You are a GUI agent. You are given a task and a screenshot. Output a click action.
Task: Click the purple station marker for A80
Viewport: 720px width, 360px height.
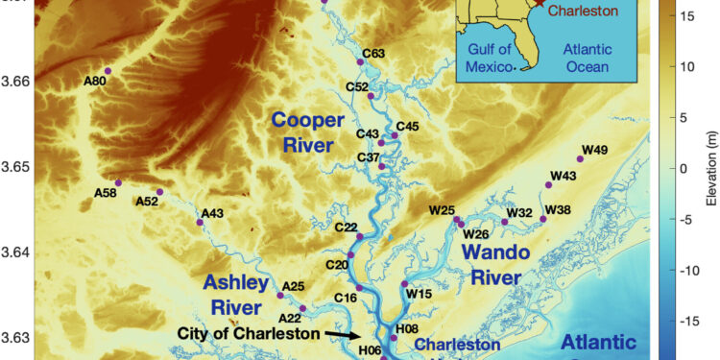tap(108, 71)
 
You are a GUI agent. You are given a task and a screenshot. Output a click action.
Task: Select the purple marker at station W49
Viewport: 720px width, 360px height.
tap(580, 159)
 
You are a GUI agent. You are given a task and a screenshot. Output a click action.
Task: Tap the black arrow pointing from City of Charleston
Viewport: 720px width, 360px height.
tap(341, 334)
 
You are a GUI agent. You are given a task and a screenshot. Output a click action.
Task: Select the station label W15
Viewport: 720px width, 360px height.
tap(419, 294)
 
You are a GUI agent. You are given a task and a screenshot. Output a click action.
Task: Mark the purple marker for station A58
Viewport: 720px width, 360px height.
tap(118, 182)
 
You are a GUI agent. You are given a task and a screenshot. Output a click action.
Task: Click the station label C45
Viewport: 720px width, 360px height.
tap(407, 126)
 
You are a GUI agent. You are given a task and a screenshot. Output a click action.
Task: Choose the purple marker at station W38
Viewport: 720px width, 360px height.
tap(543, 219)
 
